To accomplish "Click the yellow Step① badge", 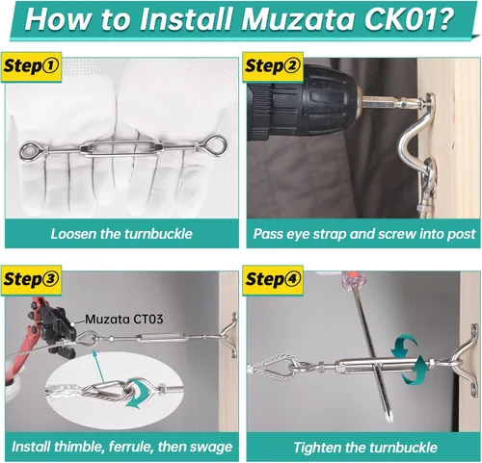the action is coord(31,66).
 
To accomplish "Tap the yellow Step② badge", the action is coord(273,66).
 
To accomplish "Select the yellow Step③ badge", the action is coord(31,279).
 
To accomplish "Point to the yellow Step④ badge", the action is coord(273,279).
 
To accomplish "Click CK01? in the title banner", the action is coord(410,19).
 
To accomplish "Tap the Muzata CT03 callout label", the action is coord(124,319).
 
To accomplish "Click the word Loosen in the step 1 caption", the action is coord(73,234).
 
